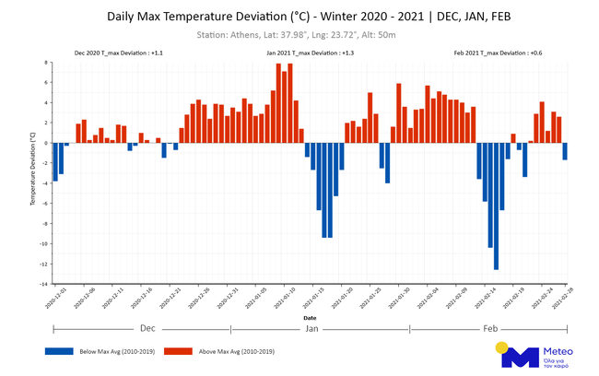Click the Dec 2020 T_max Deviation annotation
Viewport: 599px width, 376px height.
pyautogui.click(x=119, y=53)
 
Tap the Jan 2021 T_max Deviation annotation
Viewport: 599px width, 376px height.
pyautogui.click(x=310, y=53)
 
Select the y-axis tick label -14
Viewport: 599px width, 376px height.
pyautogui.click(x=45, y=285)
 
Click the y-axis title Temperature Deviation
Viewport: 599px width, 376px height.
pyautogui.click(x=33, y=173)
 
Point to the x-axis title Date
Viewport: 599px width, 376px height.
pyautogui.click(x=309, y=318)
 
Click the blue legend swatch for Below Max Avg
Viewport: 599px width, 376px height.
pyautogui.click(x=58, y=351)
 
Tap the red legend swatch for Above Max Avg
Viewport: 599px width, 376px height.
pyautogui.click(x=178, y=351)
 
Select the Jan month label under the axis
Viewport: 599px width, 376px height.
pyautogui.click(x=311, y=328)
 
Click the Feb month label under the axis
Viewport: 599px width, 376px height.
pyautogui.click(x=489, y=328)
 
